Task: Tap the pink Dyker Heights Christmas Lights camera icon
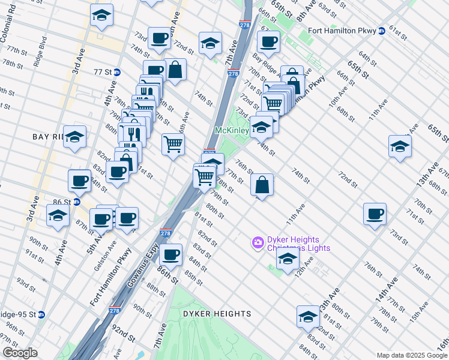pos(258,242)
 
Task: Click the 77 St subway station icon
pos(117,72)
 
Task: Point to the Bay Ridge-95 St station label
pos(18,314)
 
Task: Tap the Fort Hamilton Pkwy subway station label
pos(342,31)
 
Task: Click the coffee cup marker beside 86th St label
pos(171,255)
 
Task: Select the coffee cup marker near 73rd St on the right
pos(375,214)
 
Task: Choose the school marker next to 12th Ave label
pos(288,258)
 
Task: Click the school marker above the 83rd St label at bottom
pos(308,316)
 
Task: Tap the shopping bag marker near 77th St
pos(262,185)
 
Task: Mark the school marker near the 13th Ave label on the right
pos(400,146)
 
